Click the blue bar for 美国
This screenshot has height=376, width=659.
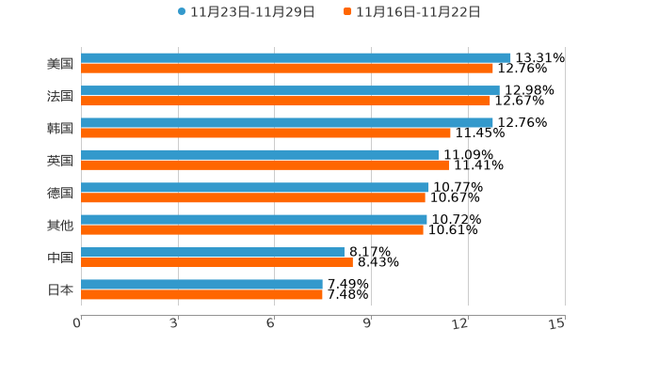(296, 58)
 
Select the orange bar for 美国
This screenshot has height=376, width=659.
(287, 69)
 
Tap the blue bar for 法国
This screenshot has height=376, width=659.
(290, 90)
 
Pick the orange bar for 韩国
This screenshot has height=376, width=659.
(265, 133)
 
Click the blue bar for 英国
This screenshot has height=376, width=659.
(260, 155)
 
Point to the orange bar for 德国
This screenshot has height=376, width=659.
(253, 197)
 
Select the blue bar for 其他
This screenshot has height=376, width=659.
(254, 220)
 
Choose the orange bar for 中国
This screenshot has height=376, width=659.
(217, 262)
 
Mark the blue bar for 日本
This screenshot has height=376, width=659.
(201, 284)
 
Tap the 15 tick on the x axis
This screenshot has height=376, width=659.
(557, 323)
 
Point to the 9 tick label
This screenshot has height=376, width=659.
(368, 323)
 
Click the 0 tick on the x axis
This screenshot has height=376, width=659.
(77, 323)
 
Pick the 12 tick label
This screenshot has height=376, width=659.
(460, 323)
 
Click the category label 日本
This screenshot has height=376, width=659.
(60, 290)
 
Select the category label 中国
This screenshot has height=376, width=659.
(60, 258)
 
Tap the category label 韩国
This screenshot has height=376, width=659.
(60, 128)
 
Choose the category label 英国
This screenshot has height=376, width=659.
(60, 161)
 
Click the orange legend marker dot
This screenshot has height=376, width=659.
(347, 12)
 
